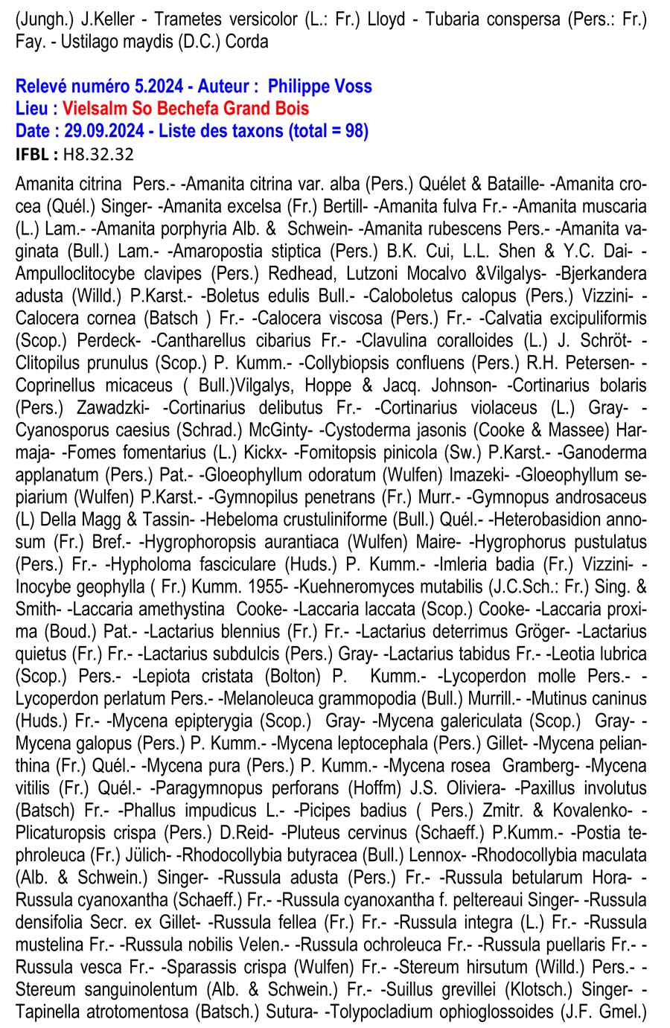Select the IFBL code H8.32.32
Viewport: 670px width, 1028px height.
[x=98, y=154]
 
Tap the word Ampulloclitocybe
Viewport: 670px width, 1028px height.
[x=72, y=273]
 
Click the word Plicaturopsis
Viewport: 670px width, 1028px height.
[x=59, y=832]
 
